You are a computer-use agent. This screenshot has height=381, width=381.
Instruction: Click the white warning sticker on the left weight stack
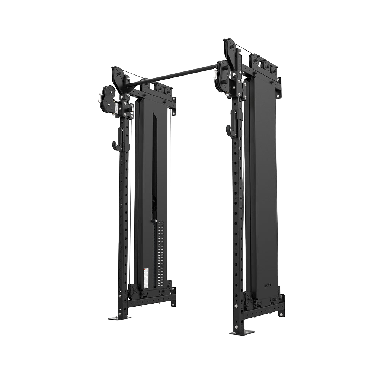146,276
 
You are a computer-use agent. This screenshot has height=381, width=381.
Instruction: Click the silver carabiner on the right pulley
215,74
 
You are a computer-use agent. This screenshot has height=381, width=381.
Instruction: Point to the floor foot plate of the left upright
119,318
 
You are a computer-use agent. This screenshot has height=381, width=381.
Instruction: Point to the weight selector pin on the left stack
154,222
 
